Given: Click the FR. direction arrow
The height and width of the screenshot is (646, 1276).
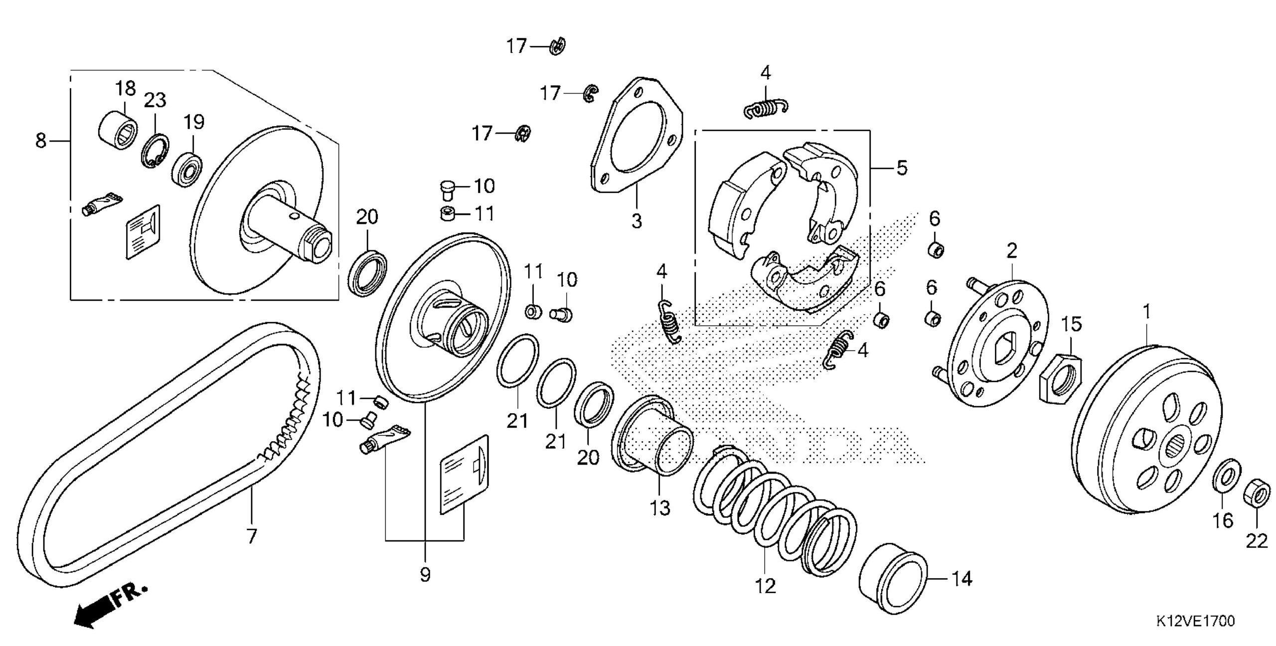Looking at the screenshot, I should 107,606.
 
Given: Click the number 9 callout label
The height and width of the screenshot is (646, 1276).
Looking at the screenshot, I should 425,575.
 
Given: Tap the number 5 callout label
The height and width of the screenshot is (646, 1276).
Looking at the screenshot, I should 902,168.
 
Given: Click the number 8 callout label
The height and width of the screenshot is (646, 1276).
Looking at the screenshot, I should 40,141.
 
